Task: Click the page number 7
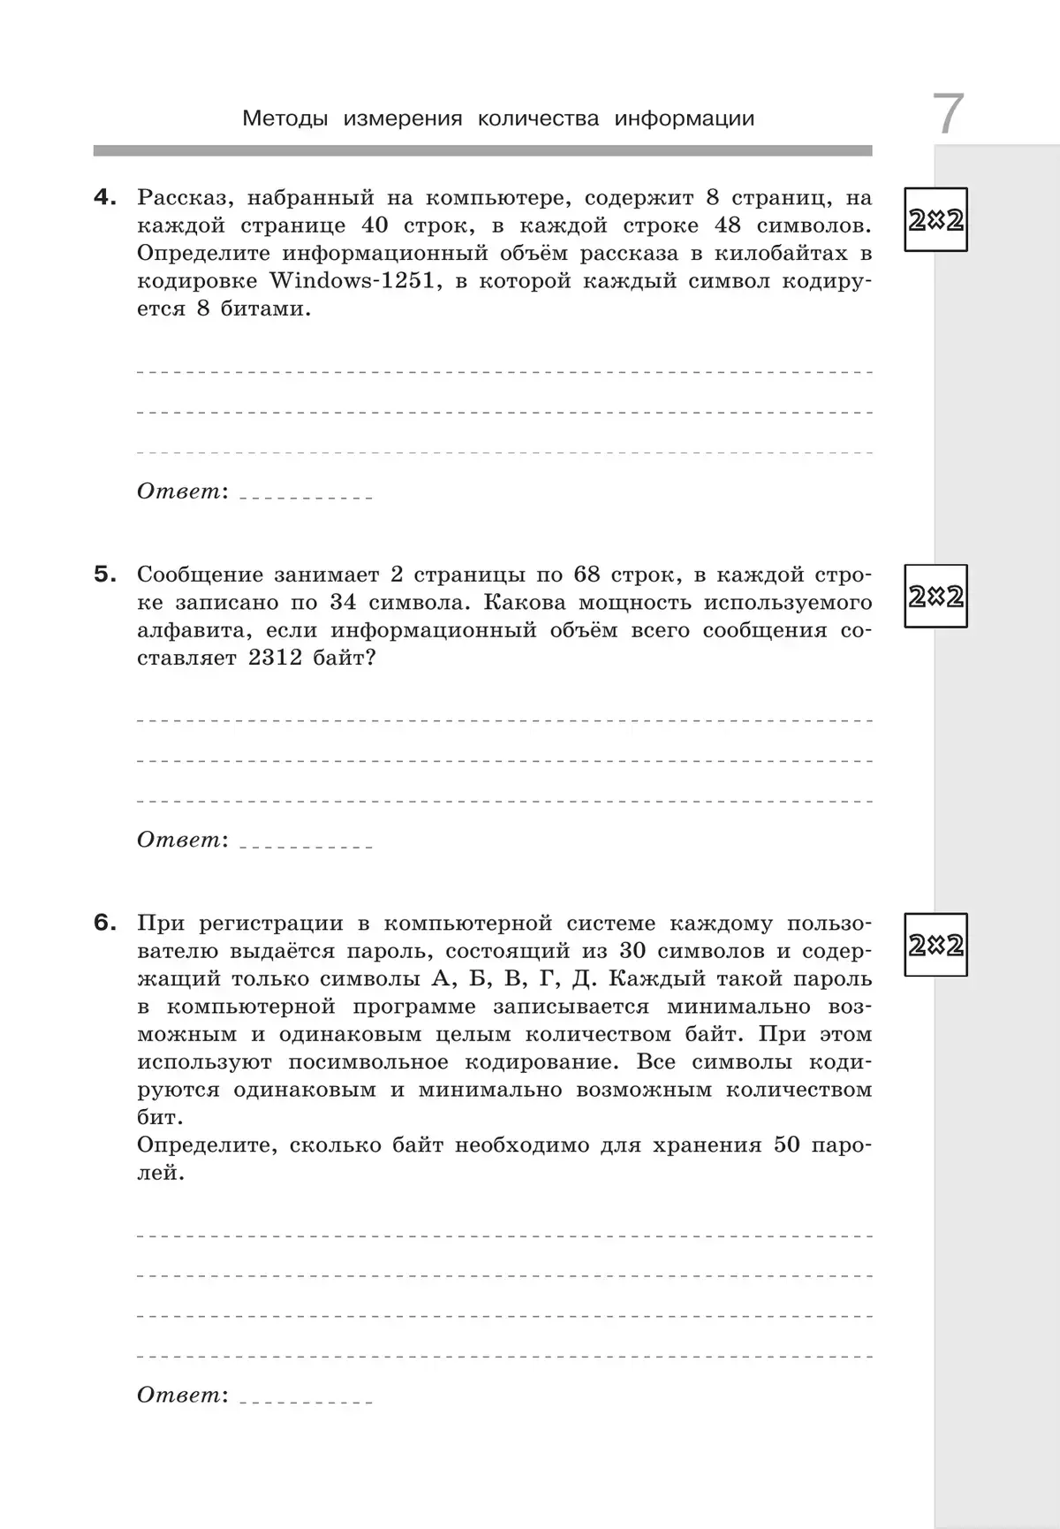[x=948, y=114]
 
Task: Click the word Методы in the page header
[x=284, y=118]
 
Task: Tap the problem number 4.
[x=105, y=198]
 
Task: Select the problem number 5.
[x=105, y=574]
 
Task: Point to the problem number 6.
[x=105, y=923]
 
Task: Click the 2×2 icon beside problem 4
[x=935, y=220]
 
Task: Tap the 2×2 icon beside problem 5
[x=935, y=597]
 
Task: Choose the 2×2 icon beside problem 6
[x=935, y=945]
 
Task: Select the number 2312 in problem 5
[x=276, y=658]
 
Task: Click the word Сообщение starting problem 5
[x=200, y=574]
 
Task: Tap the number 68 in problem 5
[x=587, y=574]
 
